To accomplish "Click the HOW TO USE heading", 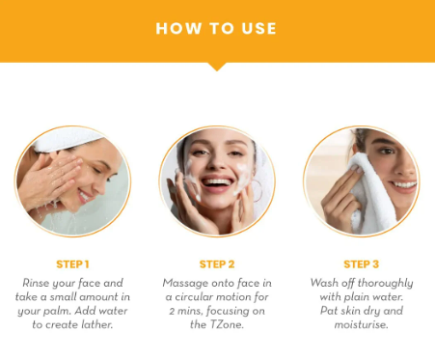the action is click(x=216, y=28).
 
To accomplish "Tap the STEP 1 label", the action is click(x=72, y=264).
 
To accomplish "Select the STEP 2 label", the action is click(x=217, y=264).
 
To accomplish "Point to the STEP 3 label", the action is click(x=362, y=264).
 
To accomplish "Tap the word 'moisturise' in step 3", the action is click(x=362, y=324).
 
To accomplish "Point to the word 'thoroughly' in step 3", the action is click(x=385, y=284).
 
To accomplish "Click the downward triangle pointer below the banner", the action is click(x=217, y=67).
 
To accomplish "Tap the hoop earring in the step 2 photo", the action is click(x=258, y=191).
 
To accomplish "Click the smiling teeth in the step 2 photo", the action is click(x=217, y=182).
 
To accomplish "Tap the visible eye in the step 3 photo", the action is click(x=386, y=151).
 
